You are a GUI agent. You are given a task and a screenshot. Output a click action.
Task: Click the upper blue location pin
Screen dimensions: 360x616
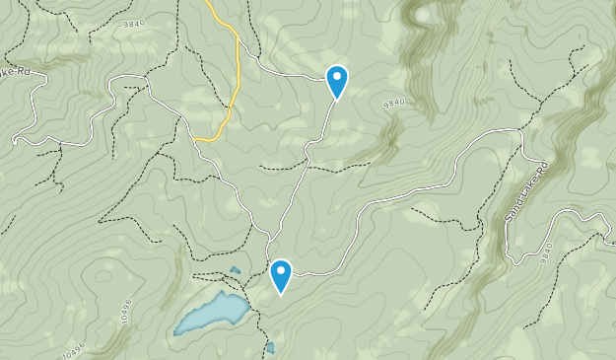(x=337, y=80)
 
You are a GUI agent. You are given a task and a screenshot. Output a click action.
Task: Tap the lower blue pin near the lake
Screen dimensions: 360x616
(x=281, y=275)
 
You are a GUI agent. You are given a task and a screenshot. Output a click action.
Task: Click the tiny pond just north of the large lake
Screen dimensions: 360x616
(x=235, y=270)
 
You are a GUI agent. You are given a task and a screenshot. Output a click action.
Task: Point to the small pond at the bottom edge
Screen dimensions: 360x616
(x=270, y=347)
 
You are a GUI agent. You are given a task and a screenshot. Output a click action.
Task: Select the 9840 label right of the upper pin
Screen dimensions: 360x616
(x=394, y=102)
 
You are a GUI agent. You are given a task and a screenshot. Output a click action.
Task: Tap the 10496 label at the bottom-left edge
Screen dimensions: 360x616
(x=73, y=350)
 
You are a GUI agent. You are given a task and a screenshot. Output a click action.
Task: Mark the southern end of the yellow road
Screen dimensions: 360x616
(x=197, y=140)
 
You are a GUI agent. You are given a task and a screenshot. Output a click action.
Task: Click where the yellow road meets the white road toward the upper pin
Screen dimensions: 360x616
(x=239, y=41)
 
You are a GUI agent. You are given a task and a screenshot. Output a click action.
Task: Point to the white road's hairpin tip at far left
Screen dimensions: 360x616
(x=16, y=140)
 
